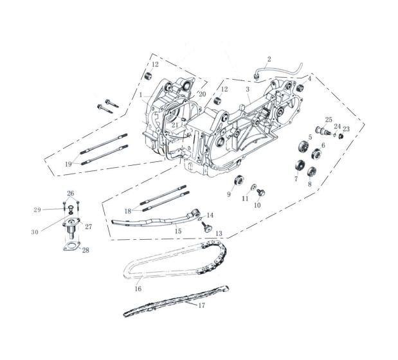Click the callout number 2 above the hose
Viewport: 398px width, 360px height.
pyautogui.click(x=269, y=59)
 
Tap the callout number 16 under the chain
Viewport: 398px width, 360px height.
pyautogui.click(x=138, y=289)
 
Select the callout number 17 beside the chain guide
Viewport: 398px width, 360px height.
pyautogui.click(x=201, y=305)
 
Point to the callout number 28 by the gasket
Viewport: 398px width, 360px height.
pyautogui.click(x=86, y=250)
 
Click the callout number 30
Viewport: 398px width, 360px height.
pyautogui.click(x=35, y=232)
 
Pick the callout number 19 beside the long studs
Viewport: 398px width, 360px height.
pyautogui.click(x=68, y=164)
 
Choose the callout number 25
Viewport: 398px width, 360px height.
pyautogui.click(x=329, y=120)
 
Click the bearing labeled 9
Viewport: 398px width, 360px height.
pyautogui.click(x=239, y=181)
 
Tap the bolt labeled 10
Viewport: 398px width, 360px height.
pyautogui.click(x=260, y=193)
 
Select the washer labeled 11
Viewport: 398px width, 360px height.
pyautogui.click(x=253, y=187)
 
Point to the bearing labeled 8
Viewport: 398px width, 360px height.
pyautogui.click(x=311, y=172)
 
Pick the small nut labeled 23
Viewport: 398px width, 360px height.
pyautogui.click(x=341, y=136)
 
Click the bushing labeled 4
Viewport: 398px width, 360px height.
pyautogui.click(x=300, y=89)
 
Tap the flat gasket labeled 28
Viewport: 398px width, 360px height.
pyautogui.click(x=71, y=246)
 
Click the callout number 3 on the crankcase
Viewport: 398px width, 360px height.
pyautogui.click(x=248, y=89)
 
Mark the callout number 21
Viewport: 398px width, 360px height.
pyautogui.click(x=175, y=125)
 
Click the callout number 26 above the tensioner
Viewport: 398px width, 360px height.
pyautogui.click(x=71, y=194)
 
